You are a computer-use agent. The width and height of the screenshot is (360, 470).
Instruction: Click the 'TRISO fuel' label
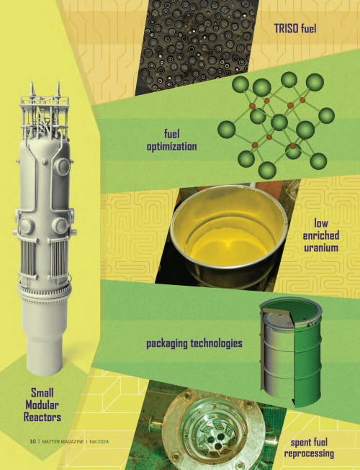pyautogui.click(x=295, y=29)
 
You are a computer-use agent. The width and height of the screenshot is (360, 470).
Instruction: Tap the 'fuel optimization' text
pyautogui.click(x=172, y=140)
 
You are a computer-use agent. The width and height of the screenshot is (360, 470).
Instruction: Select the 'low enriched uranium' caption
pyautogui.click(x=320, y=235)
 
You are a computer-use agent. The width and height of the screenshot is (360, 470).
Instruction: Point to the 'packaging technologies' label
pyautogui.click(x=194, y=343)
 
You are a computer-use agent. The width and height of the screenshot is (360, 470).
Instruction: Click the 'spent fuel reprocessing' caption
pyautogui.click(x=309, y=448)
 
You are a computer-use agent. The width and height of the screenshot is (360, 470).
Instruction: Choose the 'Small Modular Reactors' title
pyautogui.click(x=42, y=405)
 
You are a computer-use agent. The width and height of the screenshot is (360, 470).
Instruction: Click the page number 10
pyautogui.click(x=32, y=441)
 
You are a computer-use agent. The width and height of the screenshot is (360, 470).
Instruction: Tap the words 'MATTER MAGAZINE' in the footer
pyautogui.click(x=63, y=441)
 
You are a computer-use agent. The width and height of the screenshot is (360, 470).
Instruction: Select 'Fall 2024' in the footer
pyautogui.click(x=99, y=441)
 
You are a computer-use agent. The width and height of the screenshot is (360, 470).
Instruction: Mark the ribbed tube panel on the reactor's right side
pyautogui.click(x=59, y=258)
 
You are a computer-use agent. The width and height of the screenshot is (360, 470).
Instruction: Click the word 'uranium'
pyautogui.click(x=321, y=248)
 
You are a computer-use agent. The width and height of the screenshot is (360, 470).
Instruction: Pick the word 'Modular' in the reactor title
pyautogui.click(x=42, y=405)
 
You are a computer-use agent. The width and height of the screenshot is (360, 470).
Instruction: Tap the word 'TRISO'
pyautogui.click(x=287, y=29)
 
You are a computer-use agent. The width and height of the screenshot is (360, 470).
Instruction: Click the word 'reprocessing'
pyautogui.click(x=309, y=453)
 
